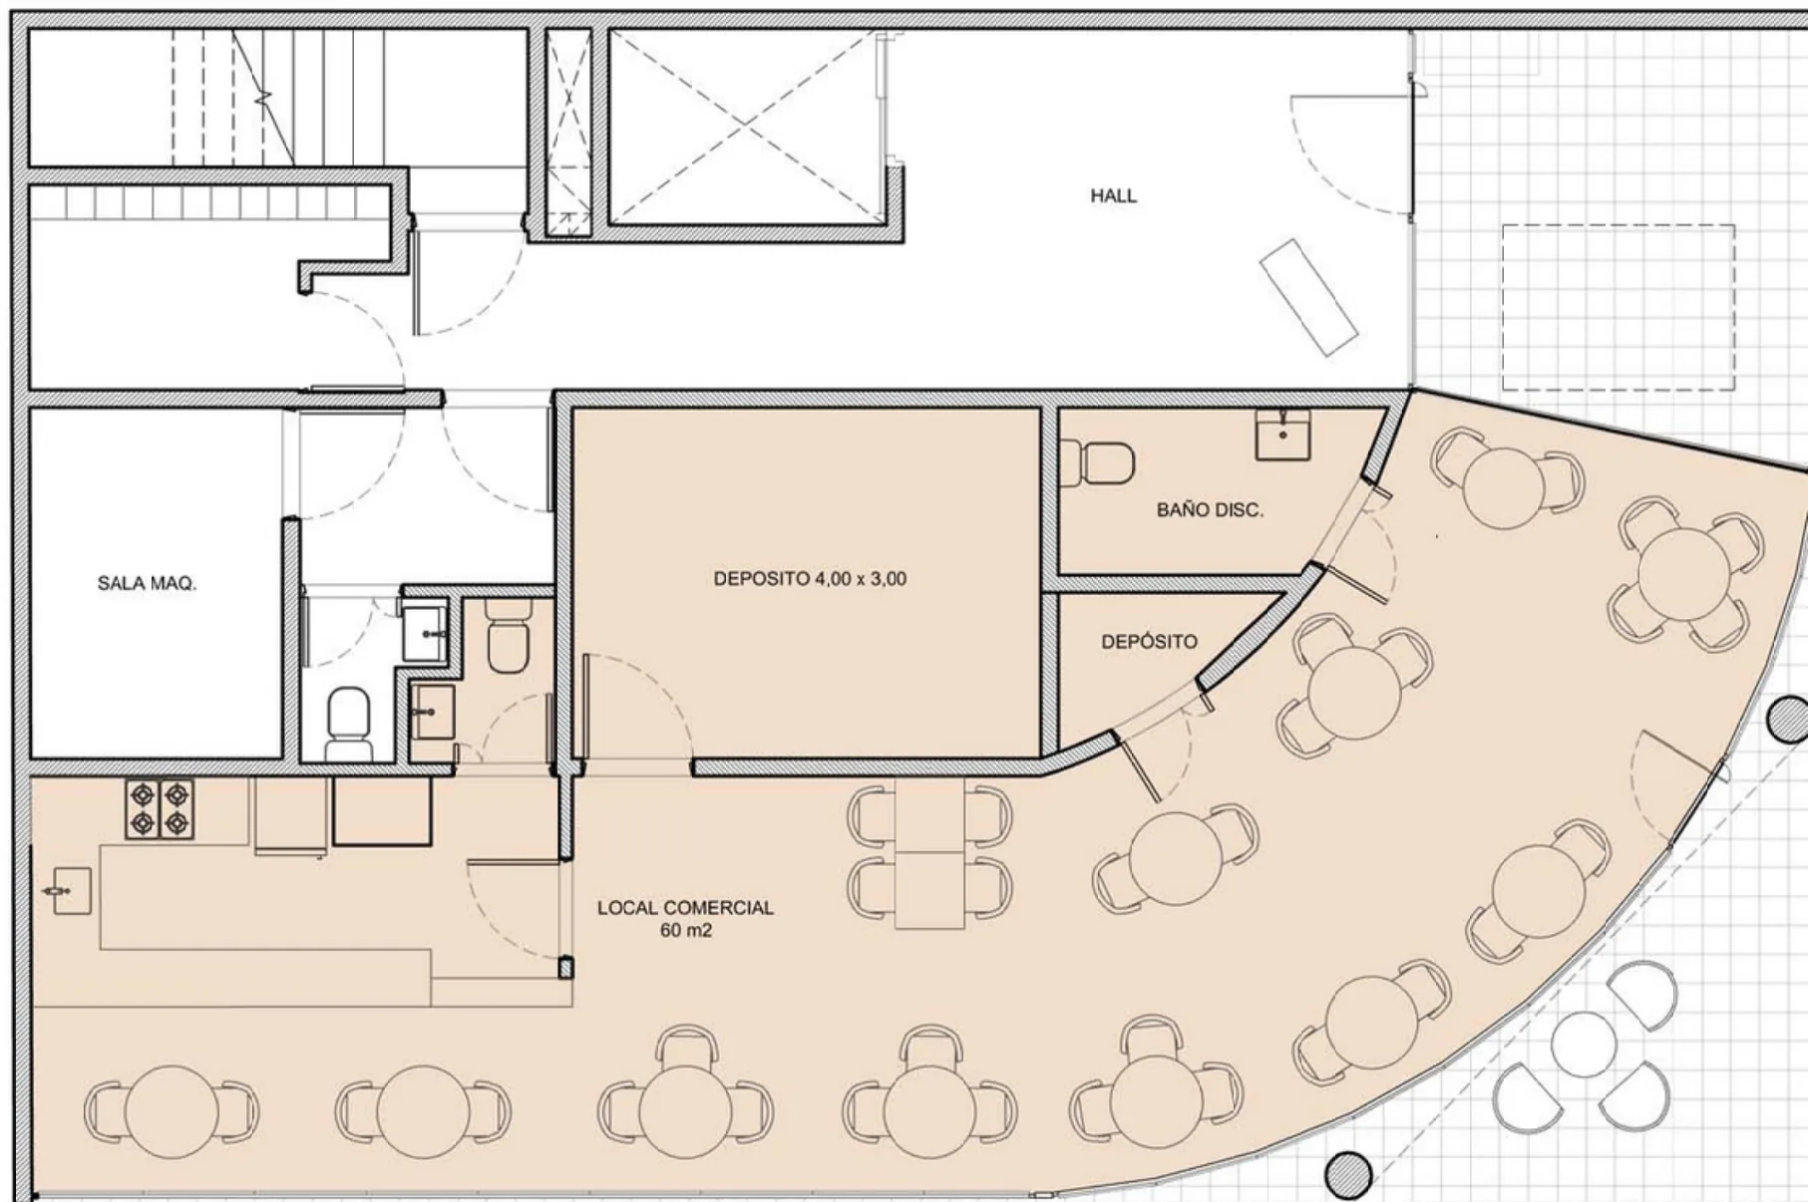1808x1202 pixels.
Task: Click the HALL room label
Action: (1113, 196)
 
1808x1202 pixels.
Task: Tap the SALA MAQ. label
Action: (147, 583)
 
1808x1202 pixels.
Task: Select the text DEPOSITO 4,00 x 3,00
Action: (810, 579)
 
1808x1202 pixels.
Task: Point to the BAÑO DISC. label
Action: (1210, 510)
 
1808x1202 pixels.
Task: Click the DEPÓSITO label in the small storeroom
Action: (1149, 642)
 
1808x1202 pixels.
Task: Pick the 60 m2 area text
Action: (685, 931)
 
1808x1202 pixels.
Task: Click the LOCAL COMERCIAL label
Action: (685, 908)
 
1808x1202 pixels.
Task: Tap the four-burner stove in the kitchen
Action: (160, 808)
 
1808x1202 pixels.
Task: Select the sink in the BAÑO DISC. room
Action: (1282, 434)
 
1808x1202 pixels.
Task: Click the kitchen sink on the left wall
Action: (67, 891)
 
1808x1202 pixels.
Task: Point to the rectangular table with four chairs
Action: (929, 854)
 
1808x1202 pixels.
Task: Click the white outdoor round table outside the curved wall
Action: (1583, 1045)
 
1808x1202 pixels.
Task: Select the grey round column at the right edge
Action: (1787, 720)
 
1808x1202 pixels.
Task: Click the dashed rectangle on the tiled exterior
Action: (1618, 308)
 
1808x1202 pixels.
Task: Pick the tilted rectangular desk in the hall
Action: (1308, 297)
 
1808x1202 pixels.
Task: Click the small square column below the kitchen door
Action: (565, 968)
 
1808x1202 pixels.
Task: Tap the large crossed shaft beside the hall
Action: (744, 126)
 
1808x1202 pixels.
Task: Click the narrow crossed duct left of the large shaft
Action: (568, 133)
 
